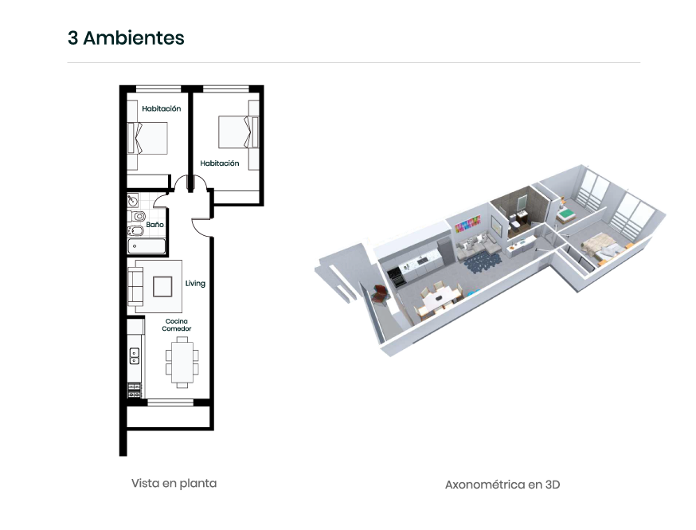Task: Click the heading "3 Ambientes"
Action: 126,37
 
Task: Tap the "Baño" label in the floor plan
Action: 155,225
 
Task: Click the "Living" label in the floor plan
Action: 195,284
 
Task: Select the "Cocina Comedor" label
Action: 177,324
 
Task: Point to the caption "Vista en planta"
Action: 174,483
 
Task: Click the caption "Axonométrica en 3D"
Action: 502,485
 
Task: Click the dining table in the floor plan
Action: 182,363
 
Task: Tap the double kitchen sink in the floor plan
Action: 134,355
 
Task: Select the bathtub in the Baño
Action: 147,246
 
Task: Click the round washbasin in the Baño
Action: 133,201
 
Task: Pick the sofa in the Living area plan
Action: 135,286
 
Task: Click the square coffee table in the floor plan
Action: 162,287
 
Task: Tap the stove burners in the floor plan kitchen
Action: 135,391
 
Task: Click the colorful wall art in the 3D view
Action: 467,223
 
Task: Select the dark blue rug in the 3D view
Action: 482,261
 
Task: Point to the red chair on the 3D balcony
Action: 381,293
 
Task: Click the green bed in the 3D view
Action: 566,216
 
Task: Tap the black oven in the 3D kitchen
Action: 396,277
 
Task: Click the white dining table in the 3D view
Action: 439,300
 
